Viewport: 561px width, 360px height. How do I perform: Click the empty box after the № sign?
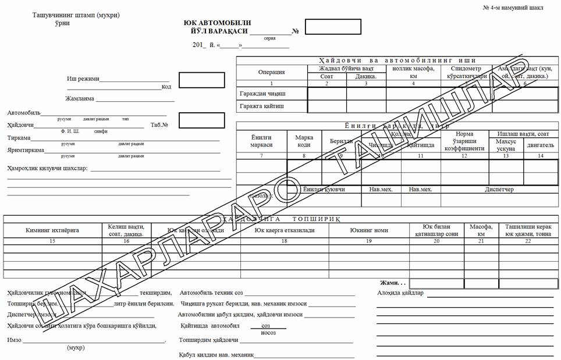click(325, 27)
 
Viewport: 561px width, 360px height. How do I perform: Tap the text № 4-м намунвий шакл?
click(513, 8)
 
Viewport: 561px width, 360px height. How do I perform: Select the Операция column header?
click(271, 72)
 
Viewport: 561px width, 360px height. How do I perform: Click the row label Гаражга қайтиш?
click(262, 106)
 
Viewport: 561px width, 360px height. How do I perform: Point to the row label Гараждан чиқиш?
click(262, 93)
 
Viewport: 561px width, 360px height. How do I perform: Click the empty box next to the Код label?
click(201, 80)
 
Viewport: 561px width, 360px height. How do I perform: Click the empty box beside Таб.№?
click(201, 120)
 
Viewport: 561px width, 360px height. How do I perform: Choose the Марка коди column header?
click(304, 141)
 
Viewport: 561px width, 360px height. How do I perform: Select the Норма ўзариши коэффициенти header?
click(464, 141)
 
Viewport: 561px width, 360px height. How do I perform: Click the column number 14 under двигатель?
click(541, 155)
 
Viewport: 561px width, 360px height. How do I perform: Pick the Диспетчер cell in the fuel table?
click(499, 189)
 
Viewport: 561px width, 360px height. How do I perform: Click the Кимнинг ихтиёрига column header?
click(52, 230)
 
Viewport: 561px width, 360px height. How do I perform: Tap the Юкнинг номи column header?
click(369, 230)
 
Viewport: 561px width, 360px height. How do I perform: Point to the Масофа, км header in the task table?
click(481, 230)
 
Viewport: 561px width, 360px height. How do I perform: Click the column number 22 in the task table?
click(528, 241)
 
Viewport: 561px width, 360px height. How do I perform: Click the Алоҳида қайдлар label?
click(400, 293)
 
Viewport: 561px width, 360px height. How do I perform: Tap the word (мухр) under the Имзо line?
click(76, 348)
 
